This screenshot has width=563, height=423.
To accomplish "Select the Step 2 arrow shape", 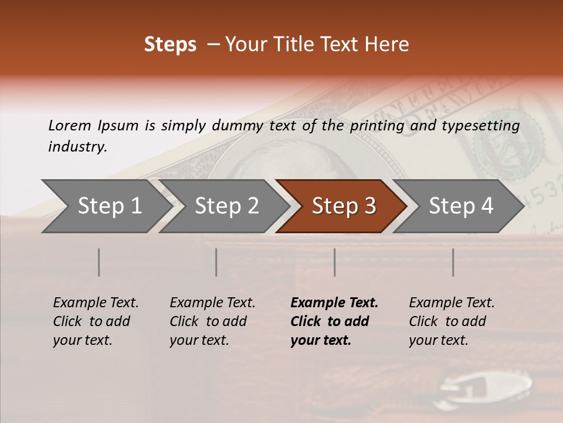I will [x=226, y=206].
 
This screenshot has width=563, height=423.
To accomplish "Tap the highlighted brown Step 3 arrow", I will [x=343, y=206].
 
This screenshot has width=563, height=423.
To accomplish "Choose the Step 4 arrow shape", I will [x=460, y=206].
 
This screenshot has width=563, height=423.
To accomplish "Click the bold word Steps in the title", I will [x=170, y=45].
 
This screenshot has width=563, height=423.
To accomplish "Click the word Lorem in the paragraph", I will [x=69, y=126].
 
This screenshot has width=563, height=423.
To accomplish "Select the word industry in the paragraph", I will [x=77, y=147].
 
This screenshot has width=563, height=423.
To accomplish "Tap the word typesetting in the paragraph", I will [x=480, y=126].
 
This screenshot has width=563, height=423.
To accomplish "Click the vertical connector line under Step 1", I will [x=99, y=262].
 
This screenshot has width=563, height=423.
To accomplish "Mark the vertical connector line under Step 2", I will [x=216, y=262].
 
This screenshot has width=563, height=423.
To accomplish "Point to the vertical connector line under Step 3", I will [x=335, y=262].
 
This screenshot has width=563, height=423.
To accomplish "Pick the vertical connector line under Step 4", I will [x=453, y=262].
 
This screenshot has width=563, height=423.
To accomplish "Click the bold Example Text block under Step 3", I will [x=333, y=321].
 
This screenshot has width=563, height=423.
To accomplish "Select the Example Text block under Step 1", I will [x=95, y=321].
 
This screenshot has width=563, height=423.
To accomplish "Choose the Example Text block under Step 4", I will [x=451, y=321].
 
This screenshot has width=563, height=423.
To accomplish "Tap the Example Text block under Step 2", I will [x=212, y=321].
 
